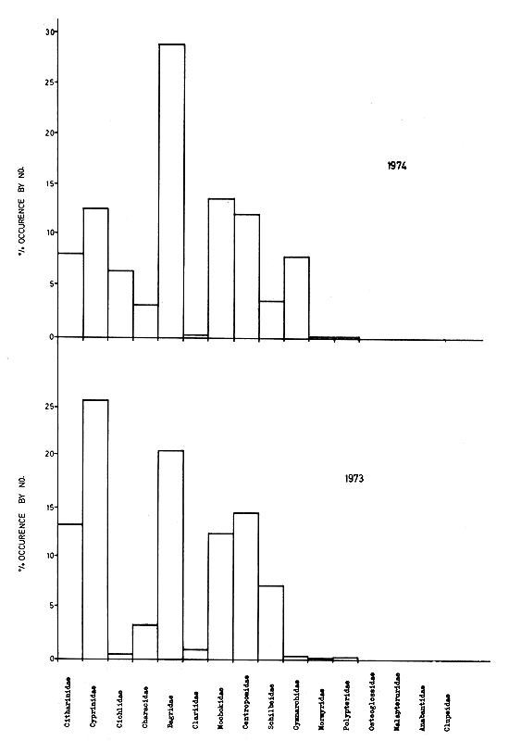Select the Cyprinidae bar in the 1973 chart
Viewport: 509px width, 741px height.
(x=96, y=528)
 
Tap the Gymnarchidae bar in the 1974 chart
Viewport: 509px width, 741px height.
(x=296, y=296)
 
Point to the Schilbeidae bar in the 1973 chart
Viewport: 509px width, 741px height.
(x=271, y=622)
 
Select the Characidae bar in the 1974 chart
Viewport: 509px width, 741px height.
(x=146, y=320)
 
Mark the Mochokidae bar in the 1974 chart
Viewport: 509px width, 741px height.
(x=221, y=269)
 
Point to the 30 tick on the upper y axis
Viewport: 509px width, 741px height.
(x=52, y=31)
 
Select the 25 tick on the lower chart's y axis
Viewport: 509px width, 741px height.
(x=52, y=406)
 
